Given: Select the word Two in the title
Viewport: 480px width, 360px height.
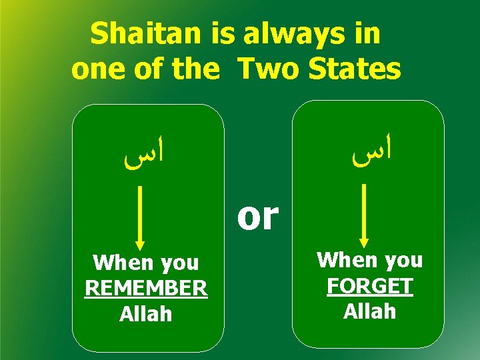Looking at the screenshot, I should pos(269,69).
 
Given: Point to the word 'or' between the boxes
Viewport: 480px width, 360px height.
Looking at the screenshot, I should pos(257,216).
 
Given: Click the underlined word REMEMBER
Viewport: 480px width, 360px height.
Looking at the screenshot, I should pos(146,289).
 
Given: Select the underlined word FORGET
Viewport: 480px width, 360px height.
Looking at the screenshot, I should pos(370,286).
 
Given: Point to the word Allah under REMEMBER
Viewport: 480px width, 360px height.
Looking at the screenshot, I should pos(146,313).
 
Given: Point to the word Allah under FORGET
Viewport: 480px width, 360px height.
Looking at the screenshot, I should pos(370,311).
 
